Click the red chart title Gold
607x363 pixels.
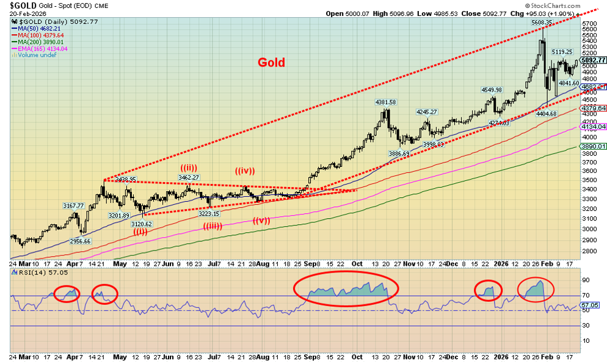click(x=271, y=62)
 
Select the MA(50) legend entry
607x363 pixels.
click(x=39, y=28)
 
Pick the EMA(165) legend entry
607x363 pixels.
click(x=42, y=48)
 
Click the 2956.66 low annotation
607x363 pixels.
click(x=81, y=241)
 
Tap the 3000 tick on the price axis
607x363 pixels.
click(x=589, y=229)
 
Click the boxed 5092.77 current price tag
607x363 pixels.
click(x=593, y=60)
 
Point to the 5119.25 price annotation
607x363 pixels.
click(x=562, y=52)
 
